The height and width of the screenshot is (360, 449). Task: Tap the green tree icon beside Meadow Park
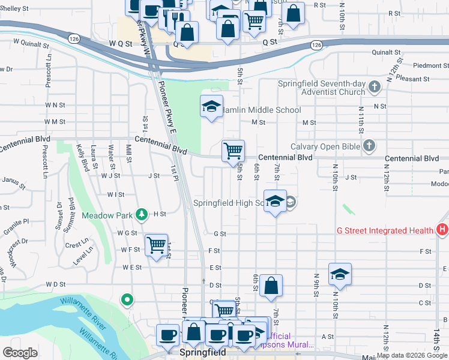tap(141, 214)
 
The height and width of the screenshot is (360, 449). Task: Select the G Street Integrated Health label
tap(385, 230)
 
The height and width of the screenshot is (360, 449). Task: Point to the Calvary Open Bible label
tap(325, 146)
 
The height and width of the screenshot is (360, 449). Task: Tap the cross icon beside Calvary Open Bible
tap(369, 146)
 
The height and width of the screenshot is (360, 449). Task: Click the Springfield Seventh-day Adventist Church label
tap(321, 88)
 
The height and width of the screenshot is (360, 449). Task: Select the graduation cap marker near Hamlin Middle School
tap(211, 106)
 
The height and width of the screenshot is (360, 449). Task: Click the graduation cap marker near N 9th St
tap(340, 274)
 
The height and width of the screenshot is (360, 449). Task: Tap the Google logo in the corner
tap(20, 353)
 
